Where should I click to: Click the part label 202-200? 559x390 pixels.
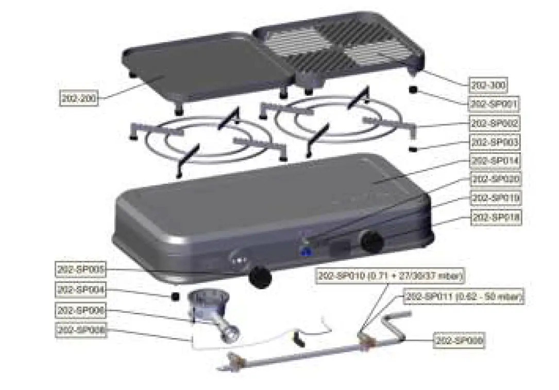[78, 98]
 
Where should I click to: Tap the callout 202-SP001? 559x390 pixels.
[494, 104]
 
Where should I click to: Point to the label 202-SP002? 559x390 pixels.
[495, 123]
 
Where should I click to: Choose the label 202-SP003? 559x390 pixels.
[495, 141]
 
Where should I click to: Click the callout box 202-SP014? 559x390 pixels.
[495, 161]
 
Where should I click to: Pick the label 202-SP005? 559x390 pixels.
[80, 269]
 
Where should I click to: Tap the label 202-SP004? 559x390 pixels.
[80, 290]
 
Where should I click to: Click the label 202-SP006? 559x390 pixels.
[80, 311]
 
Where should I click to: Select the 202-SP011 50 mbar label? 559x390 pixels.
[464, 296]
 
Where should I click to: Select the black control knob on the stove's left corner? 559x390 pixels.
[260, 277]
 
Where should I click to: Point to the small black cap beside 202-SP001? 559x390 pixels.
[413, 90]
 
